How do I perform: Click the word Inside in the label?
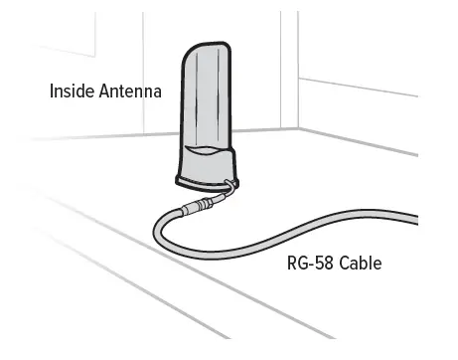(x=73, y=91)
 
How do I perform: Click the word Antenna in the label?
(x=128, y=91)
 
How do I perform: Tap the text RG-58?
(x=310, y=265)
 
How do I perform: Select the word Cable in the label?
(x=360, y=265)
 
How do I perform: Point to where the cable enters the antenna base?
(x=231, y=185)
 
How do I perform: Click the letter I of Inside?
(x=53, y=91)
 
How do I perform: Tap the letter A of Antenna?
(x=104, y=91)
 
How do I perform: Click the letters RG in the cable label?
(x=295, y=265)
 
